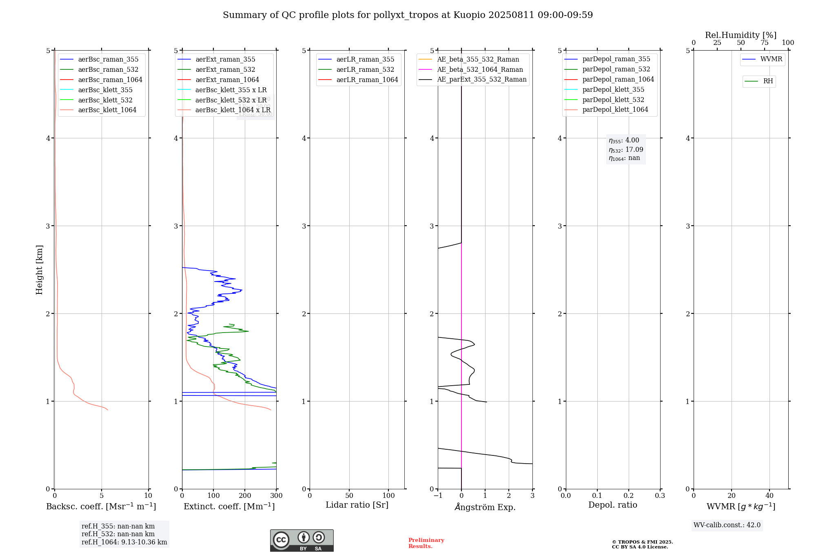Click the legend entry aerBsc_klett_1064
click(107, 110)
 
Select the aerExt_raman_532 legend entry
click(225, 70)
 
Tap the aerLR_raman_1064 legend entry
click(367, 80)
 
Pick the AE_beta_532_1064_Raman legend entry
click(480, 70)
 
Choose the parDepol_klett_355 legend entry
click(613, 90)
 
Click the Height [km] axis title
click(39, 270)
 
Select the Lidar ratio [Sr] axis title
click(357, 505)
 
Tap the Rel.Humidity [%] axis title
click(741, 35)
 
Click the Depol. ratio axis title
click(612, 505)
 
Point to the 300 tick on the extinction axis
click(276, 496)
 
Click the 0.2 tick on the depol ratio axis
click(629, 496)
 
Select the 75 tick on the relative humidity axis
click(764, 43)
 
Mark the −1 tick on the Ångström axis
click(438, 496)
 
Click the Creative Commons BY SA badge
click(302, 540)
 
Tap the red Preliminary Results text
click(426, 543)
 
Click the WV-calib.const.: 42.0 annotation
click(727, 525)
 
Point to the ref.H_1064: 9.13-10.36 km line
click(124, 542)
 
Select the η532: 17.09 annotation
click(626, 150)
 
